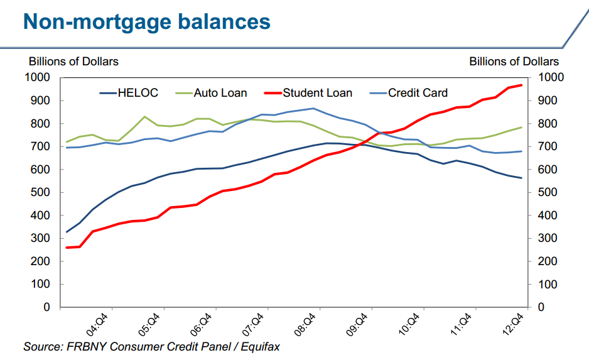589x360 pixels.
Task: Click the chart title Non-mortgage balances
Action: [x=146, y=23]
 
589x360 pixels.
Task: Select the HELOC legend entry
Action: [x=137, y=93]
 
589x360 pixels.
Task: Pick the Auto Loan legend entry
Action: [x=220, y=93]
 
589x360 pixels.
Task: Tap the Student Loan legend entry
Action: [x=317, y=93]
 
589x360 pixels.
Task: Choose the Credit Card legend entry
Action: [x=418, y=93]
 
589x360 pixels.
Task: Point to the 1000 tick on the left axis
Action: [x=39, y=77]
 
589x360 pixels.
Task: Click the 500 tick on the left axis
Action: [x=41, y=192]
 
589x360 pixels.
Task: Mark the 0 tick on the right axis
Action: [x=540, y=307]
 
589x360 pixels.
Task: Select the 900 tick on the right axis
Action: [x=546, y=101]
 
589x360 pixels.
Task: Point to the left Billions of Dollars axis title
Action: [x=73, y=62]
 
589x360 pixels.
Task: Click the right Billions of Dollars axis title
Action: [x=514, y=62]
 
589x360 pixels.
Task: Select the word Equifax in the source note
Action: [x=259, y=346]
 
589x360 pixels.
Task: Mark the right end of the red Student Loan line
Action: [x=521, y=85]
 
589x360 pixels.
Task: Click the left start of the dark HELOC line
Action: [x=67, y=232]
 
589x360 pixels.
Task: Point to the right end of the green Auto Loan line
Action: [x=521, y=128]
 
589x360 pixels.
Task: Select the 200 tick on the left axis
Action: [x=41, y=261]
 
